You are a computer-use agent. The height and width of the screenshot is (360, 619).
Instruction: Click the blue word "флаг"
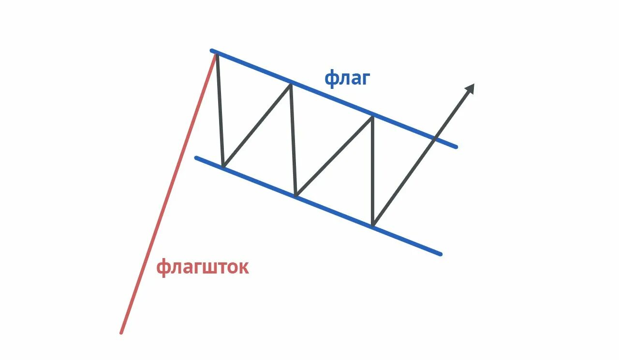pyautogui.click(x=347, y=77)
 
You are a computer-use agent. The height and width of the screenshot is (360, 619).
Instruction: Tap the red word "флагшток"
pyautogui.click(x=202, y=267)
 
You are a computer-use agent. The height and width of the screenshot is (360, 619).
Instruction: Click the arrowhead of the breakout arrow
pyautogui.click(x=470, y=88)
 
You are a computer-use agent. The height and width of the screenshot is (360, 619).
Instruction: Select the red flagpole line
pyautogui.click(x=167, y=193)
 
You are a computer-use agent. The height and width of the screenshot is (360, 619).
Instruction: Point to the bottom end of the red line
pyautogui.click(x=121, y=332)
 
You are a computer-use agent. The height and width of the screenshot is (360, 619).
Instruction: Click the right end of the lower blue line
pyautogui.click(x=441, y=254)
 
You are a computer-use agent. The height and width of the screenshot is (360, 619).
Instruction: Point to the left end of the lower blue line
pyautogui.click(x=196, y=158)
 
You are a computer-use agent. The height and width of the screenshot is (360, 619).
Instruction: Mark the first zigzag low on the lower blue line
pyautogui.click(x=223, y=167)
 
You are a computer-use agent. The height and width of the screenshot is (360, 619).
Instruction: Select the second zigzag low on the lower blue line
pyautogui.click(x=296, y=196)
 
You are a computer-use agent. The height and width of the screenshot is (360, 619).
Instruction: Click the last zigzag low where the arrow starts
pyautogui.click(x=373, y=226)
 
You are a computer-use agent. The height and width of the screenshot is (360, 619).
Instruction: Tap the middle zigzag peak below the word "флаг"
pyautogui.click(x=290, y=84)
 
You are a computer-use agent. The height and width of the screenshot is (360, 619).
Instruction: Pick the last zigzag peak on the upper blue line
pyautogui.click(x=372, y=116)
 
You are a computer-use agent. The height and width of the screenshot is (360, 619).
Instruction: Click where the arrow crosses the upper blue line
pyautogui.click(x=435, y=139)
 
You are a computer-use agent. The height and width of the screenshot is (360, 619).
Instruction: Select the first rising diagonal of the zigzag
pyautogui.click(x=256, y=126)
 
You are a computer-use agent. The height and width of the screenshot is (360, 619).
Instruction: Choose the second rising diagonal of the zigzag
pyautogui.click(x=334, y=156)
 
